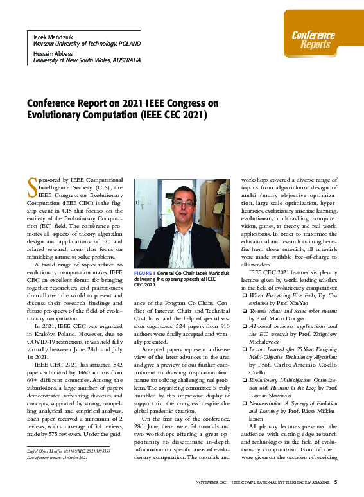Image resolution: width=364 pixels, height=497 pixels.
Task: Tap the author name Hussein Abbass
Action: point(53,53)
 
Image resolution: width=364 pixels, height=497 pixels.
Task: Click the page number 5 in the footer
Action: point(335,482)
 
